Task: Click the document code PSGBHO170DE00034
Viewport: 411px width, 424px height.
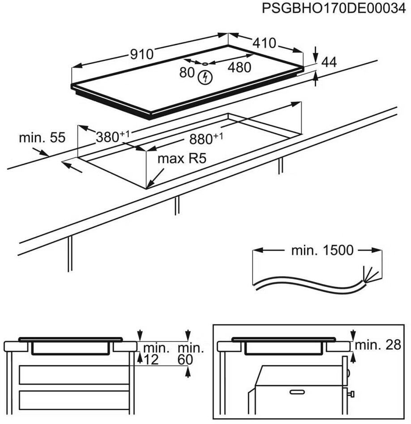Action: tap(336, 9)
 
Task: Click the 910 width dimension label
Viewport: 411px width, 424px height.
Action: tap(141, 54)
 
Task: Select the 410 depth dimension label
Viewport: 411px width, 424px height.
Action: tap(264, 43)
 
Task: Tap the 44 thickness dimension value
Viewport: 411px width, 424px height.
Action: tap(329, 63)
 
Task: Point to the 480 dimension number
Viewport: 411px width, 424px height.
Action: tap(239, 68)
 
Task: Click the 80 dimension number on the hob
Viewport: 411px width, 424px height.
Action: tap(187, 73)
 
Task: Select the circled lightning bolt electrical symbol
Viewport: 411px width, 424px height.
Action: tap(205, 77)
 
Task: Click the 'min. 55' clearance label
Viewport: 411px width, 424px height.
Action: tap(42, 138)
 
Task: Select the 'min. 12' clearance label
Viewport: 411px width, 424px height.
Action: tap(154, 354)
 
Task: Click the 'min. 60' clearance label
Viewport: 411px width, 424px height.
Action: tap(190, 354)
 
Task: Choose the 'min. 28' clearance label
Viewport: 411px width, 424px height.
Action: tap(380, 345)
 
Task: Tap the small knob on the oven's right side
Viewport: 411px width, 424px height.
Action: tap(352, 394)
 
